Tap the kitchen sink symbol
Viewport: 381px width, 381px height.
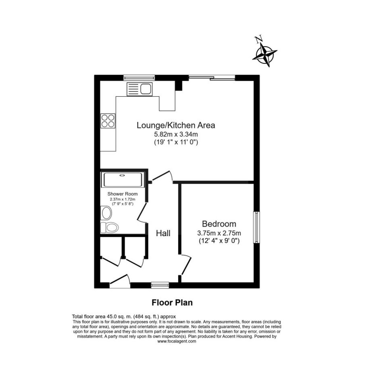click(139, 89)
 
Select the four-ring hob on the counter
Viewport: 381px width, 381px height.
click(108, 121)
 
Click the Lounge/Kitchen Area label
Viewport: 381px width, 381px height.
click(176, 125)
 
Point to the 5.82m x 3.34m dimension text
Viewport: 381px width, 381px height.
click(176, 134)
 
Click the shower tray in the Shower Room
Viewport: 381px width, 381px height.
click(123, 180)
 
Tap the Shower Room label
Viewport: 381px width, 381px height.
click(123, 194)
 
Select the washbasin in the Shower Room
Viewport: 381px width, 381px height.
click(106, 213)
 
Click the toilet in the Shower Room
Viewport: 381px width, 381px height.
click(109, 227)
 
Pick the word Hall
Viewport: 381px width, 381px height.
click(163, 233)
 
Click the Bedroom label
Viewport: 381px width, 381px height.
click(219, 224)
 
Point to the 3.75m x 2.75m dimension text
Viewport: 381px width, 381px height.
click(219, 233)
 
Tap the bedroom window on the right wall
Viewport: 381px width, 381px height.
click(256, 227)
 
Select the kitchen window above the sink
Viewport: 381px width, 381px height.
click(139, 77)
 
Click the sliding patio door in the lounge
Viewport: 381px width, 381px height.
click(212, 77)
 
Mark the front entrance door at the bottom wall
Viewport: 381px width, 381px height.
click(120, 281)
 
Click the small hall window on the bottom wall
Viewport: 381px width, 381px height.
click(160, 285)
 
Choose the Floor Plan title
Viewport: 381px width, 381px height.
click(172, 303)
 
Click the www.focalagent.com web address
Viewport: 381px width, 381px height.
click(177, 341)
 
